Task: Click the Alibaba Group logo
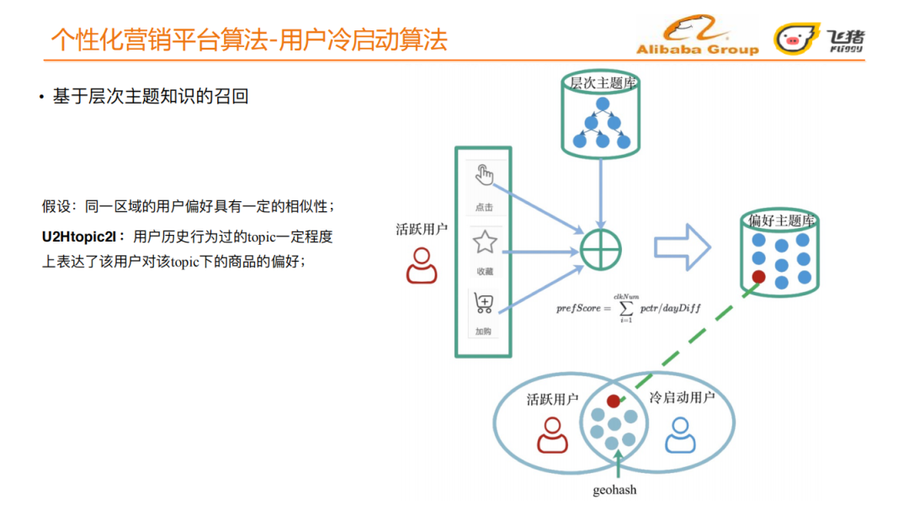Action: point(697,39)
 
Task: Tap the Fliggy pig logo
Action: point(790,39)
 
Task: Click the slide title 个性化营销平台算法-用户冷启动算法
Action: point(249,40)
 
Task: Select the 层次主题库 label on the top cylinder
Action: point(602,82)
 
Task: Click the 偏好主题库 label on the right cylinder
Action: point(781,220)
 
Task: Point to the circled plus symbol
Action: point(601,250)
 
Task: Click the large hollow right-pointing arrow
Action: point(683,248)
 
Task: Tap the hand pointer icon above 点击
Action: point(484,176)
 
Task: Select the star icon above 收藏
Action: point(484,243)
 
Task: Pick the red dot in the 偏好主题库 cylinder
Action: point(758,276)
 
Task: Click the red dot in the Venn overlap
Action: point(613,401)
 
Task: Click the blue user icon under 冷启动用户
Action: point(679,434)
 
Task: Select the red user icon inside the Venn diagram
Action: point(551,435)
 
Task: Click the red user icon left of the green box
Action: point(421,266)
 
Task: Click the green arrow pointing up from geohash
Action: point(619,464)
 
